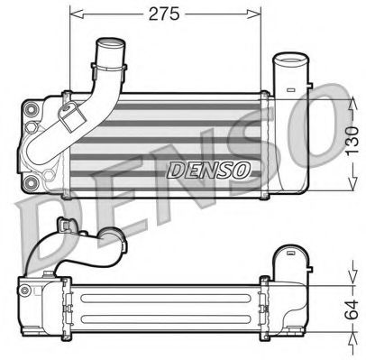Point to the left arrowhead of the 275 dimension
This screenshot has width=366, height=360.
(75, 14)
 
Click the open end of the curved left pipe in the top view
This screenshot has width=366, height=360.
(111, 42)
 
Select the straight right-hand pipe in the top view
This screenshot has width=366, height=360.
(290, 72)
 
